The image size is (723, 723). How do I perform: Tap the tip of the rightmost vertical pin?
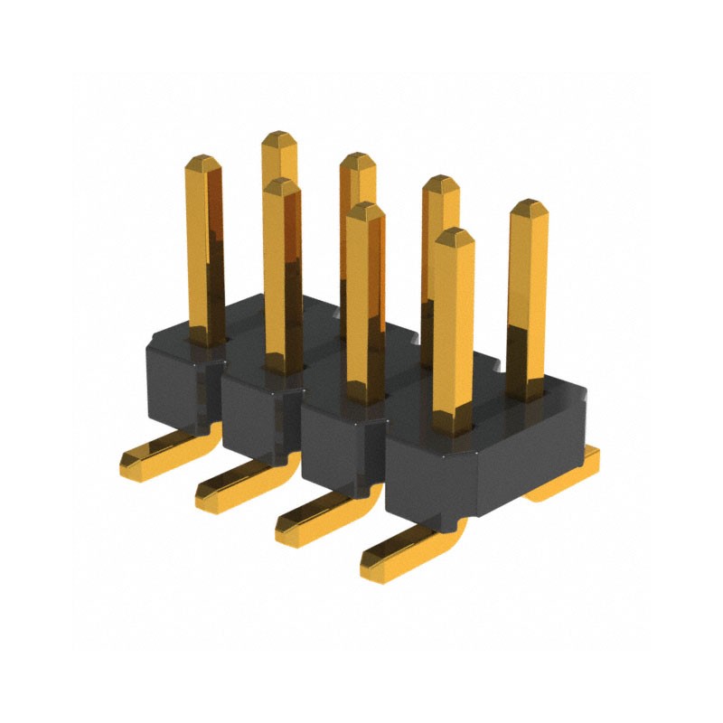(529, 208)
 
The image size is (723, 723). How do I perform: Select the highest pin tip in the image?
(279, 138)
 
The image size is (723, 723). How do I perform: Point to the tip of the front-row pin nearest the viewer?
(454, 237)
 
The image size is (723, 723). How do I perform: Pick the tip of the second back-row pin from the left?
(358, 161)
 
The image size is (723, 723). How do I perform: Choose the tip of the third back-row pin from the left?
(441, 184)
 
